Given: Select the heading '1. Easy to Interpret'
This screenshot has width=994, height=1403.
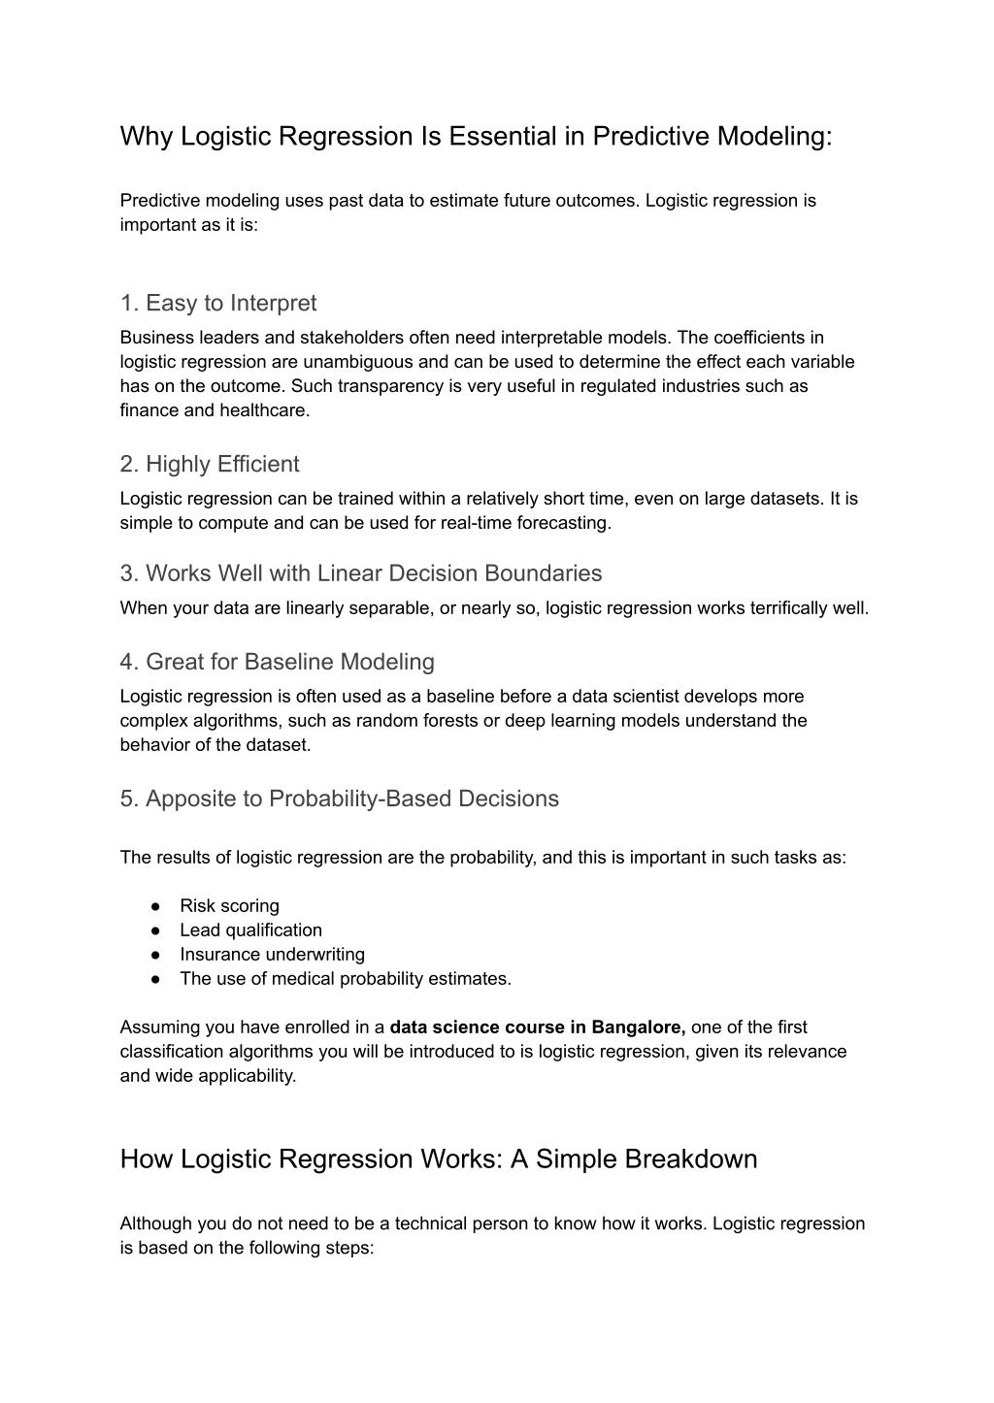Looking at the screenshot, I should [218, 304].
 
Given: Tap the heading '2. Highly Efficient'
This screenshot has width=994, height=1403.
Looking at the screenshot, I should [210, 465].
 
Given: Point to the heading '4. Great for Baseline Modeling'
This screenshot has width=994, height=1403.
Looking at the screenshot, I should [278, 663].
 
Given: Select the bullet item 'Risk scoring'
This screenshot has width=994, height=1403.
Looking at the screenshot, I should [229, 906].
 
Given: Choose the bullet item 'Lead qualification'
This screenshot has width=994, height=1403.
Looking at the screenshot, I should [250, 930].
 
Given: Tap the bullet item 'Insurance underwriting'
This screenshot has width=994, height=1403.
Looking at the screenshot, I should [272, 955].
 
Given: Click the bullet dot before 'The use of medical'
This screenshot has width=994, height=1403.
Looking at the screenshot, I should [155, 979].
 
